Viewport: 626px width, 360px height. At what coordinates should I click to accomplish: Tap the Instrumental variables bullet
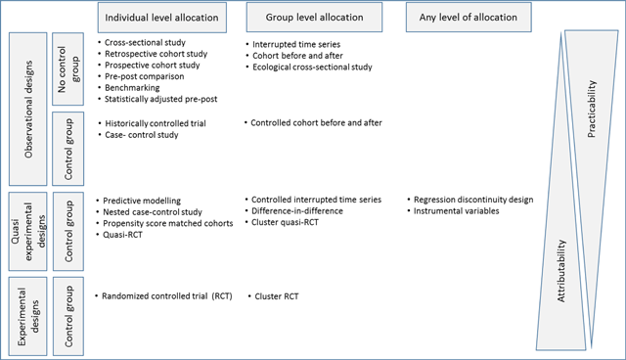[455, 210]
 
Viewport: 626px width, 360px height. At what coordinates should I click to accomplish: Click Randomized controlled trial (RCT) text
[166, 295]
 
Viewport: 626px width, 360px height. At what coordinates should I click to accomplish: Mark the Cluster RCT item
[279, 295]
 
